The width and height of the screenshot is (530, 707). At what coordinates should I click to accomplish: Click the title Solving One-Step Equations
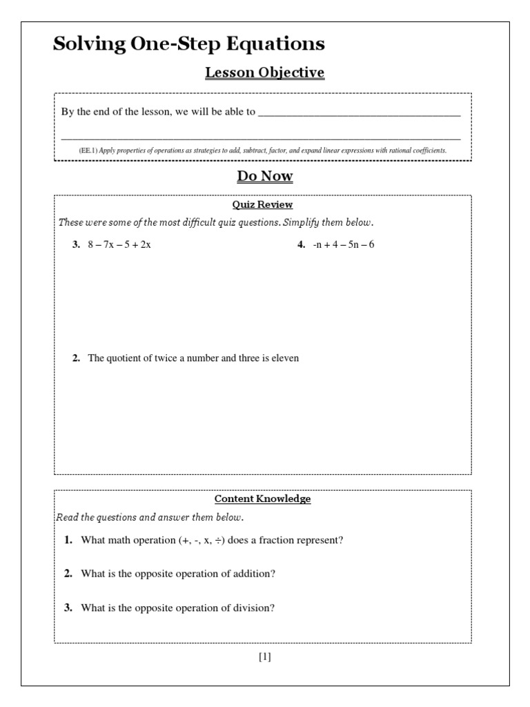coord(188,45)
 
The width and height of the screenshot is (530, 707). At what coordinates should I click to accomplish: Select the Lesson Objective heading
coord(264,73)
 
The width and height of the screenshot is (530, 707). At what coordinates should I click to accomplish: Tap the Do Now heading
coord(264,177)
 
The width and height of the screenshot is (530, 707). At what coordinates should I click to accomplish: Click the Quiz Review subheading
coord(262,204)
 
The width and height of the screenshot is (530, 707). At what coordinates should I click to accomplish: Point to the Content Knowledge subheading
coord(262,498)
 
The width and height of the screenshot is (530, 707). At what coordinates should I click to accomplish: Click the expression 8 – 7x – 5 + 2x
coord(119,245)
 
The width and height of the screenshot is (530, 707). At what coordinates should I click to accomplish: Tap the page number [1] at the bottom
coord(264,657)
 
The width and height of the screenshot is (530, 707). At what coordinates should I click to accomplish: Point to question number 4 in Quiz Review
coord(301,245)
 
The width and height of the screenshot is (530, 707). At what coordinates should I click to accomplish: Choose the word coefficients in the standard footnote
coord(429,151)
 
